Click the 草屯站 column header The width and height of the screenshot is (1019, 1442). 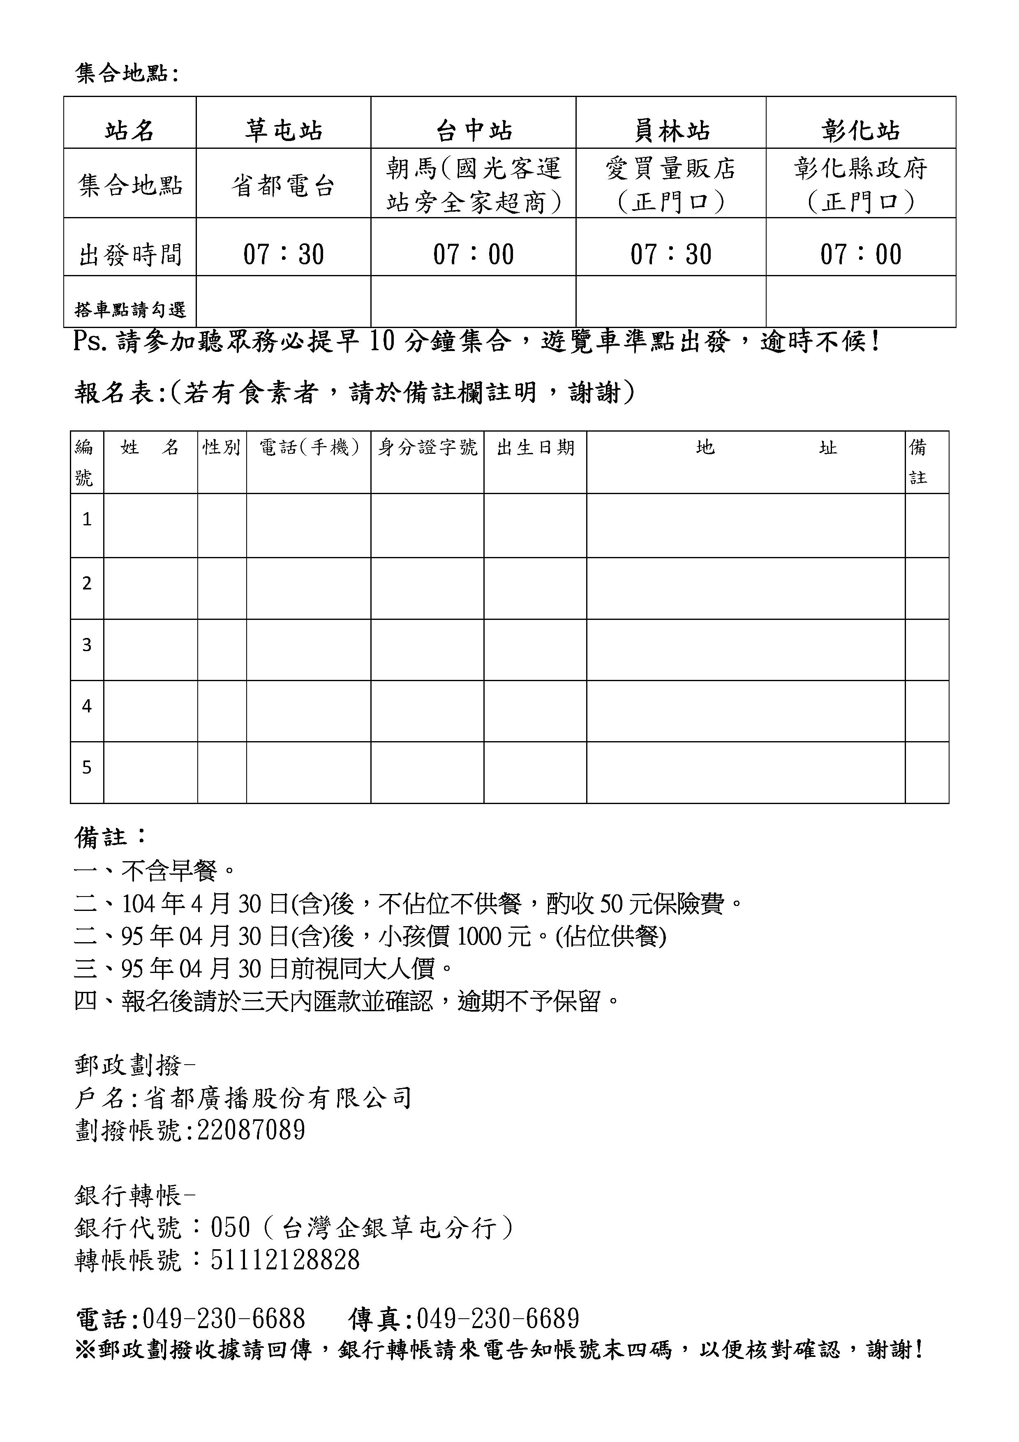[283, 130]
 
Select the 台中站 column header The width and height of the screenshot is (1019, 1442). [474, 130]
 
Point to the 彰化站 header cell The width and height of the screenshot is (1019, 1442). [860, 130]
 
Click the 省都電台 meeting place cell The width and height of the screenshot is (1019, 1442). [283, 186]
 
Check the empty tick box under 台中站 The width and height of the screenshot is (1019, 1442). [474, 301]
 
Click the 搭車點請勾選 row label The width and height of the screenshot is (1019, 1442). [130, 309]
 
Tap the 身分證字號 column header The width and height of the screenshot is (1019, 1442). [427, 447]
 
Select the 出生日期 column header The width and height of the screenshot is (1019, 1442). [535, 447]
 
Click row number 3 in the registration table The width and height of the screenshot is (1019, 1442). [87, 645]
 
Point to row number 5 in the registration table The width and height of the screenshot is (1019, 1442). [87, 767]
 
